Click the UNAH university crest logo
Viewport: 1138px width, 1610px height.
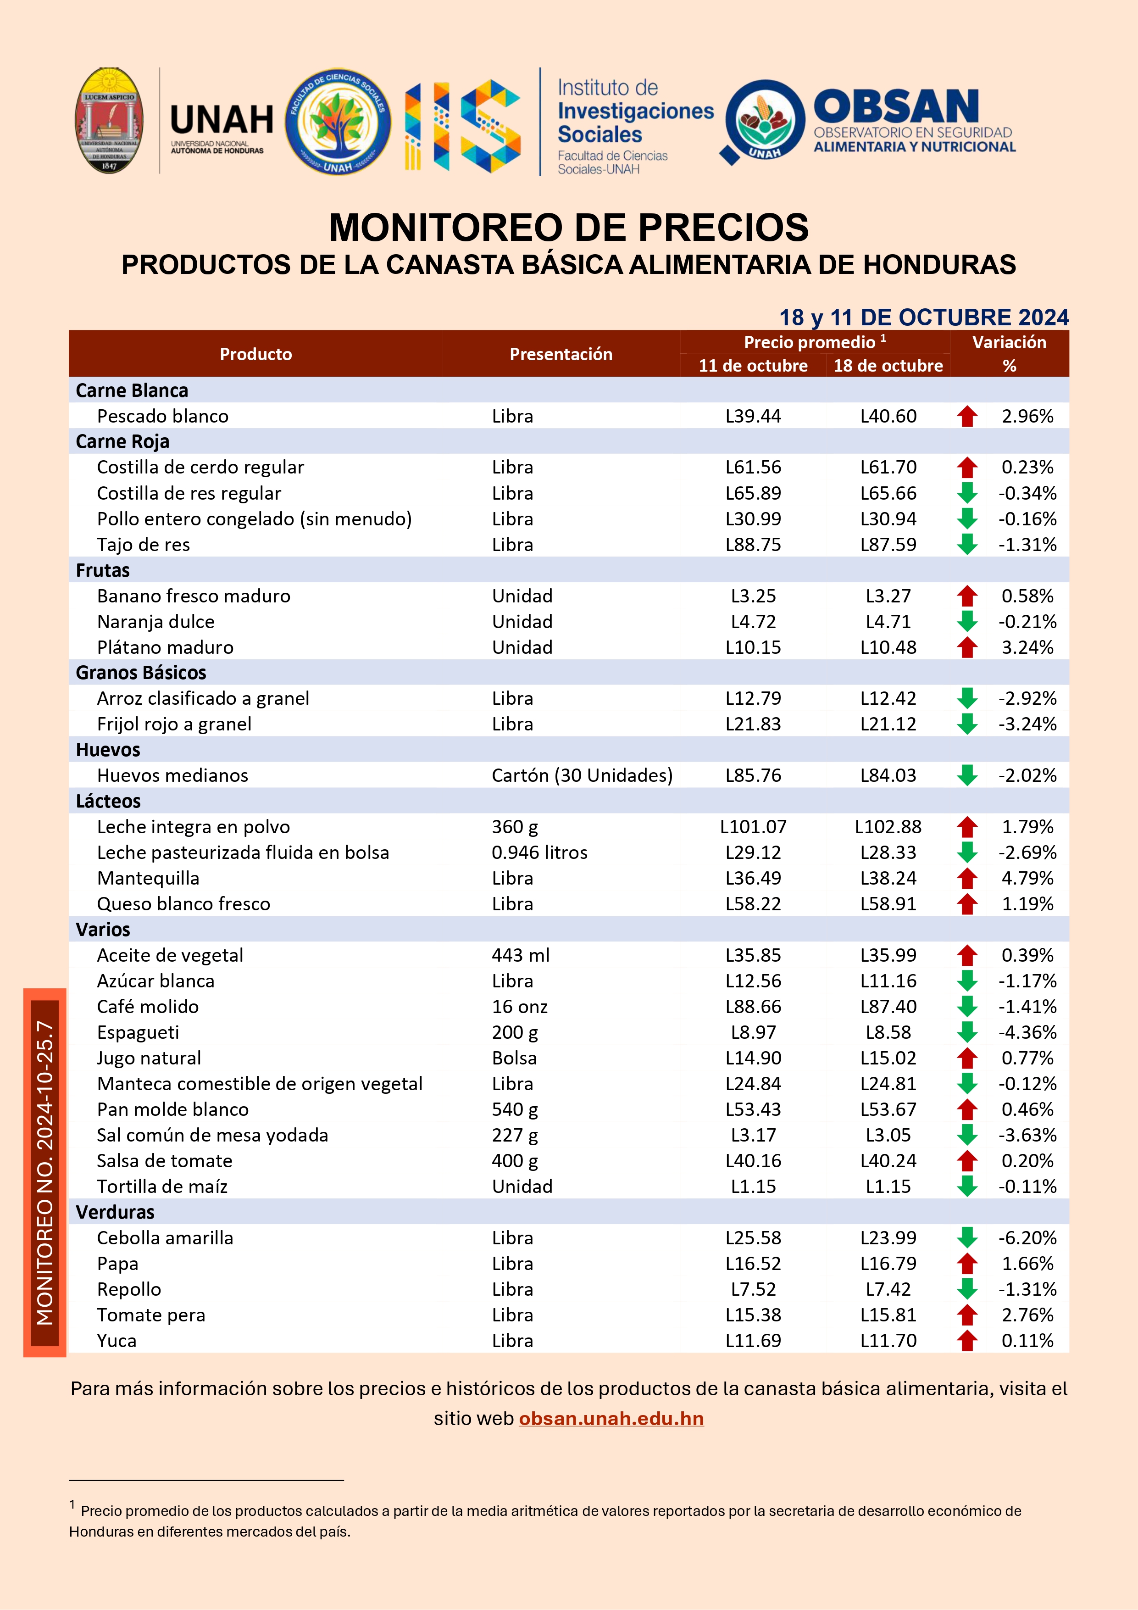click(109, 121)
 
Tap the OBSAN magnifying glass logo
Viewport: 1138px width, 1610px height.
click(763, 121)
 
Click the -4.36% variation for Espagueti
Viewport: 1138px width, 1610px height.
click(1027, 1032)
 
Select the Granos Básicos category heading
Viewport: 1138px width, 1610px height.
click(141, 673)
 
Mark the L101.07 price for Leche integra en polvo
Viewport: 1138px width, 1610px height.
click(753, 827)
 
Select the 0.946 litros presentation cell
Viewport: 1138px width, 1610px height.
click(539, 852)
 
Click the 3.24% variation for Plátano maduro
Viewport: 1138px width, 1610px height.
click(1027, 647)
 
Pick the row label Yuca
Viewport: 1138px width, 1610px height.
click(117, 1341)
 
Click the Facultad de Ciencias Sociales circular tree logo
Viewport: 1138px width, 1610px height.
click(338, 121)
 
